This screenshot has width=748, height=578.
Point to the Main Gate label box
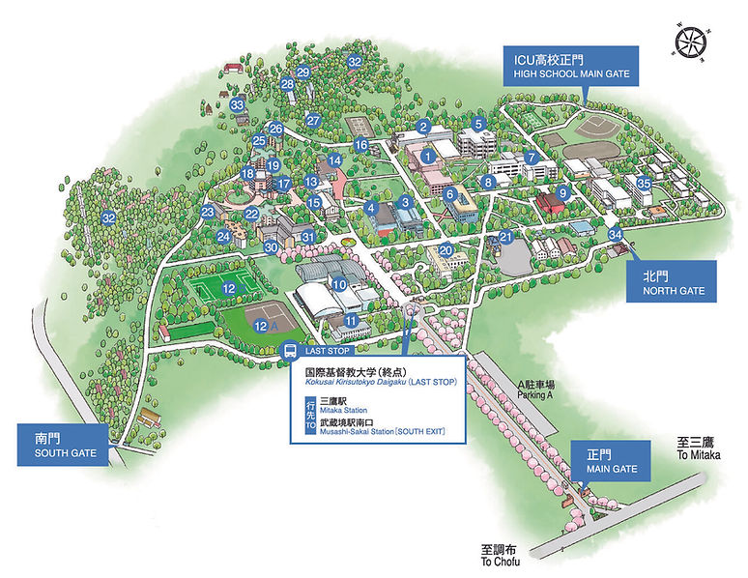pos(612,461)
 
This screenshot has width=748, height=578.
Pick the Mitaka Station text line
pos(337,406)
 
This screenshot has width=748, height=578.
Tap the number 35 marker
pos(644,184)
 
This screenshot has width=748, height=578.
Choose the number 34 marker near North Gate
pos(615,235)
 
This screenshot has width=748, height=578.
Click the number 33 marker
pos(238,105)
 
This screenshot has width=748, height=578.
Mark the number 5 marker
pos(477,124)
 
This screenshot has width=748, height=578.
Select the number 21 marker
pos(503,237)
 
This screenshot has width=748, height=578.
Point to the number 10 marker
pos(339,284)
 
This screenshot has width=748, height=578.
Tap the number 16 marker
pos(360,145)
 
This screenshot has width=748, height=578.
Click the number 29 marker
pos(302,72)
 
